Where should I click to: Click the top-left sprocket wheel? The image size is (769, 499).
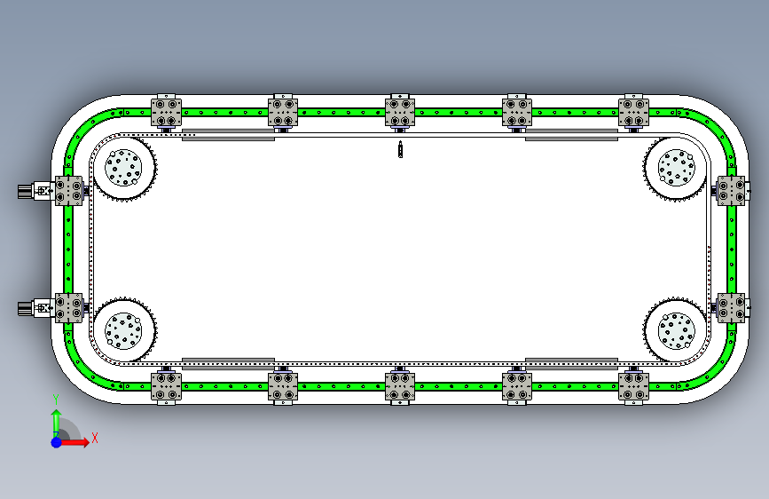[124, 168]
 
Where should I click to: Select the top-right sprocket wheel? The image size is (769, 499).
[675, 169]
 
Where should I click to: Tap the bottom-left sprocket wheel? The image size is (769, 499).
[124, 331]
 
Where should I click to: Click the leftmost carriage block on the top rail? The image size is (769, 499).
[167, 113]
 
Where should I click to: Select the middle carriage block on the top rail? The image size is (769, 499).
[400, 113]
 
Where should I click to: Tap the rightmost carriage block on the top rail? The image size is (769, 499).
[633, 113]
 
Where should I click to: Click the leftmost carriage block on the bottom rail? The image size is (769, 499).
[167, 386]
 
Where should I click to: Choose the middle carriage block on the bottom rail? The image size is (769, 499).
[400, 386]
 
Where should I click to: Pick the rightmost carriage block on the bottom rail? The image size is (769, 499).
[633, 386]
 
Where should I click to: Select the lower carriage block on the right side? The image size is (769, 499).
[731, 308]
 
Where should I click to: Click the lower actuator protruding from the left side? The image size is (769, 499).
[35, 308]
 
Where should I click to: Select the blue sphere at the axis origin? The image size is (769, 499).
[56, 440]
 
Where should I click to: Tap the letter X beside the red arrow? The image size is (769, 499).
[94, 438]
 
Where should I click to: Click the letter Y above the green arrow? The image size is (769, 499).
[55, 399]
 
